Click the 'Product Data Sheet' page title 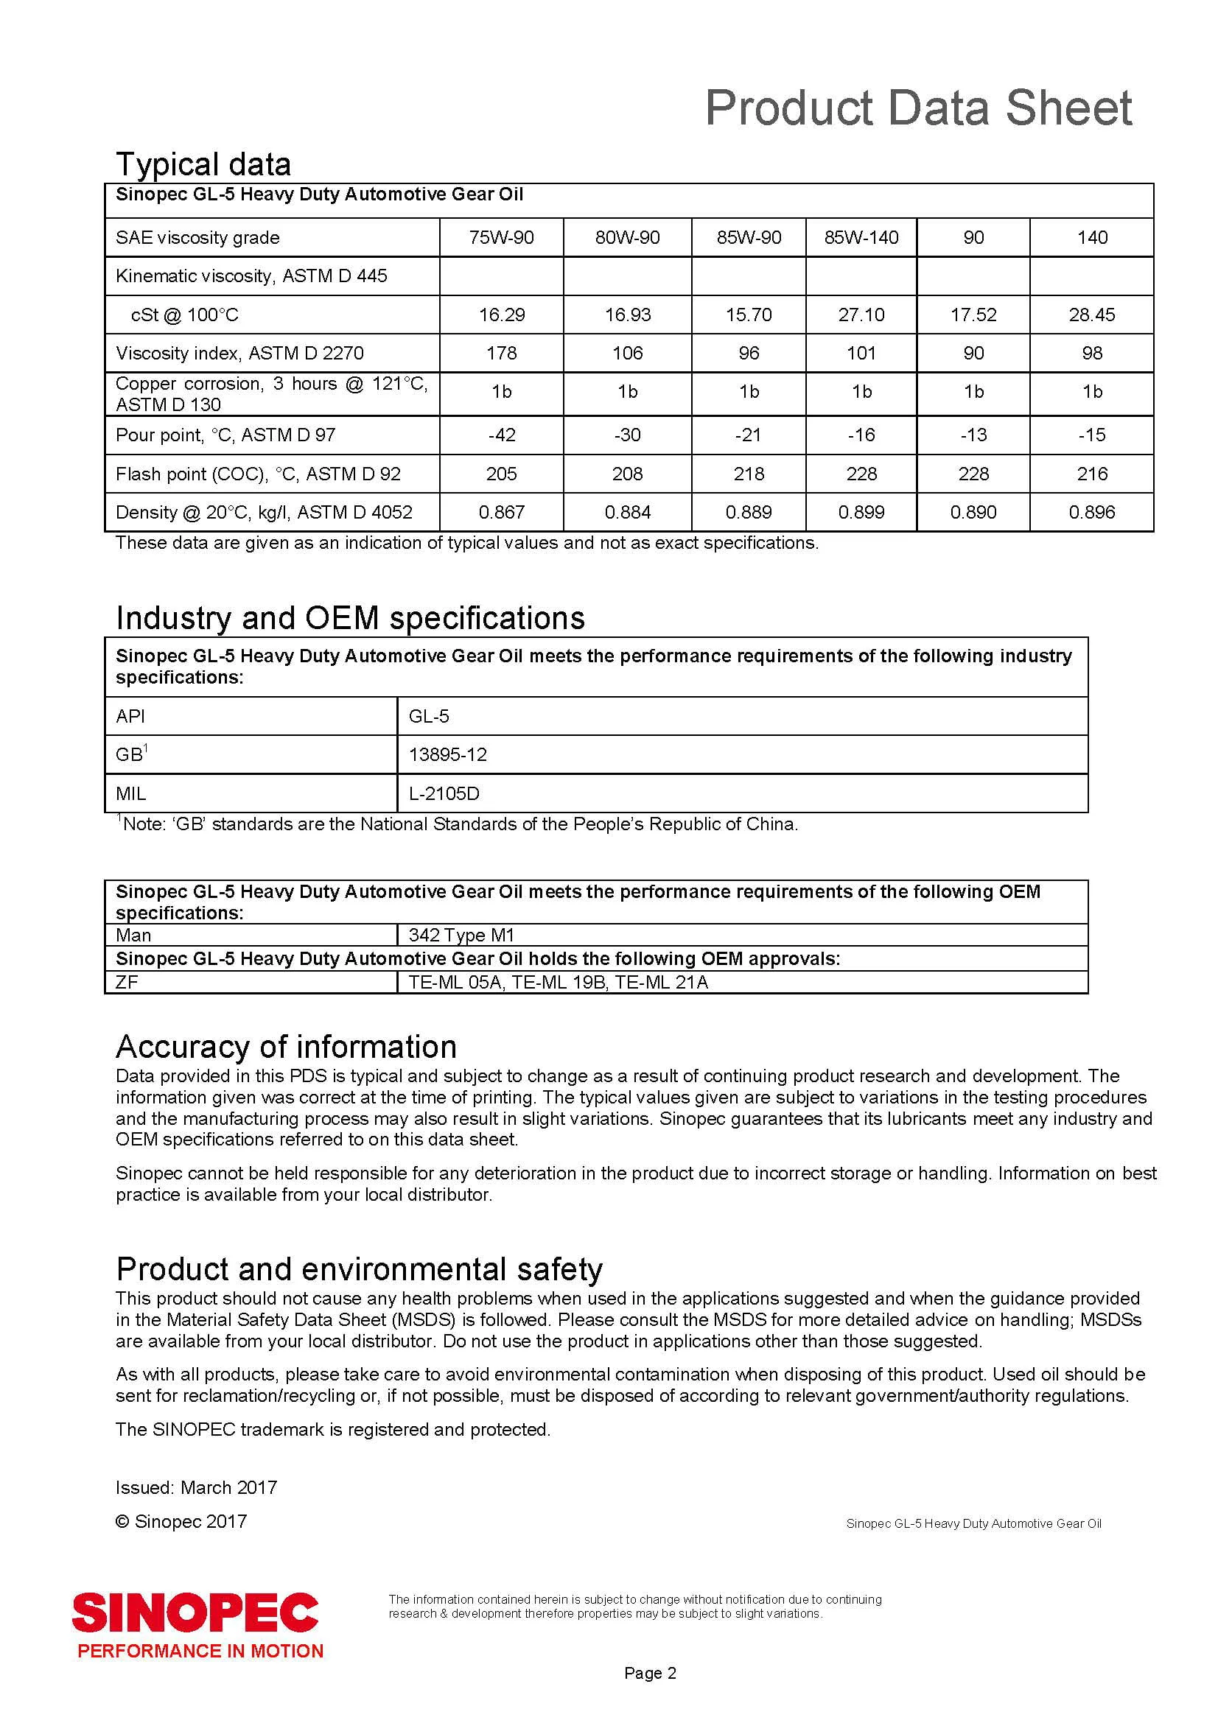pos(918,108)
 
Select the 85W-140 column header pos(861,238)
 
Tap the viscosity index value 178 pos(501,353)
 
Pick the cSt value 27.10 pos(861,315)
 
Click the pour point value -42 pos(501,435)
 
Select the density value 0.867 pos(501,513)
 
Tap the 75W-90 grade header pos(501,238)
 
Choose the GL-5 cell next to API pos(430,717)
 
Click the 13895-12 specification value pos(448,755)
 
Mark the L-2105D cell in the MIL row pos(444,794)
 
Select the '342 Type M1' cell pos(461,935)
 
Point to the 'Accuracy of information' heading pos(286,1047)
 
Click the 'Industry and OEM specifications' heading pos(350,618)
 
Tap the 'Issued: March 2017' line pos(197,1487)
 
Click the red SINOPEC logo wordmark pos(196,1613)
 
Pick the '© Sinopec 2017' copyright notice pos(181,1521)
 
